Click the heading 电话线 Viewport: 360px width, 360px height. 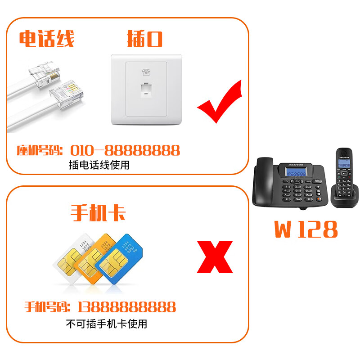point(46,39)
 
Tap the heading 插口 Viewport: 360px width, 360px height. point(144,39)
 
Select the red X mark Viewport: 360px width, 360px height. point(215,257)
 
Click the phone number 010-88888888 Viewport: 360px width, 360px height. point(125,150)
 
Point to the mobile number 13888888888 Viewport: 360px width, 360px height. point(126,307)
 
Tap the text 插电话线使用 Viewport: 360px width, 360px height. point(99,165)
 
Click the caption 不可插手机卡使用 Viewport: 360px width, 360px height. point(106,324)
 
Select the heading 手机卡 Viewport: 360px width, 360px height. point(98,213)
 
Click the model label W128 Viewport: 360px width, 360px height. point(306,229)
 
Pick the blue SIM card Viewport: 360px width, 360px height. point(118,261)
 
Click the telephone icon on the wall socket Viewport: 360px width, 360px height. point(145,72)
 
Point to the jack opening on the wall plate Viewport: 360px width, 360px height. point(145,89)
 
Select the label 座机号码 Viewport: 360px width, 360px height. point(39,150)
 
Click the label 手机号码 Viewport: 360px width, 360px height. point(47,307)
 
